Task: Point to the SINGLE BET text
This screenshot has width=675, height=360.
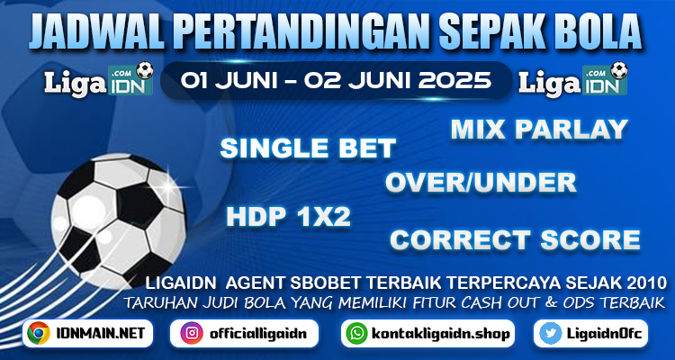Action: pyautogui.click(x=308, y=148)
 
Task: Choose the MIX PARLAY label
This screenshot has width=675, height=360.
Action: pyautogui.click(x=539, y=130)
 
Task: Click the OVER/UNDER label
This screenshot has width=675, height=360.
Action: pyautogui.click(x=481, y=183)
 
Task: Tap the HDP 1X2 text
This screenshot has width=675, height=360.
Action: pyautogui.click(x=288, y=217)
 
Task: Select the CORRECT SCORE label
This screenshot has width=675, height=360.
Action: pyautogui.click(x=516, y=240)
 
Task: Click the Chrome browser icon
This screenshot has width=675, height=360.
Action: pyautogui.click(x=39, y=333)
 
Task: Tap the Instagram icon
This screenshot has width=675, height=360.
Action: pyautogui.click(x=192, y=333)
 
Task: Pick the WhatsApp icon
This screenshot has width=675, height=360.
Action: pyautogui.click(x=357, y=333)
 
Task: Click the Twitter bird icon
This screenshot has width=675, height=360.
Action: pyautogui.click(x=551, y=333)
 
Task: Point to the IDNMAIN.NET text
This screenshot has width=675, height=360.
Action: pyautogui.click(x=99, y=333)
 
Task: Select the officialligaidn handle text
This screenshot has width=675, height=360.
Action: pyautogui.click(x=258, y=334)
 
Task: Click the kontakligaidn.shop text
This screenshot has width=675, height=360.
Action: pyautogui.click(x=440, y=334)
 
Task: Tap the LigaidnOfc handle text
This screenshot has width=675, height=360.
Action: pyautogui.click(x=605, y=334)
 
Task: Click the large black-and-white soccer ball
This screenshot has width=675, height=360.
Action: pyautogui.click(x=119, y=220)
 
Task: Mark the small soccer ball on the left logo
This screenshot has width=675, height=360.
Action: pyautogui.click(x=145, y=70)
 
